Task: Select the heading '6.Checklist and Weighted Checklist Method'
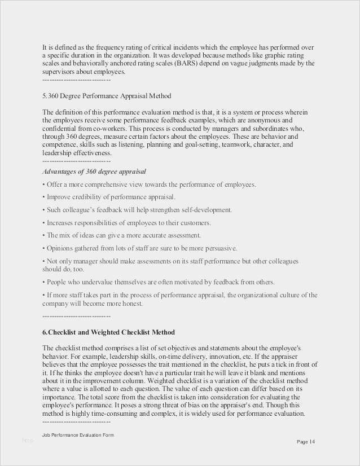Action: tap(108, 332)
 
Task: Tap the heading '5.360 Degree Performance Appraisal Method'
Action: tap(107, 96)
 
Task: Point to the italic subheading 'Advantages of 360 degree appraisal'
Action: tap(94, 171)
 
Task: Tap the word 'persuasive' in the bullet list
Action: tap(219, 248)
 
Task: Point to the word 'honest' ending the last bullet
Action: tap(132, 304)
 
